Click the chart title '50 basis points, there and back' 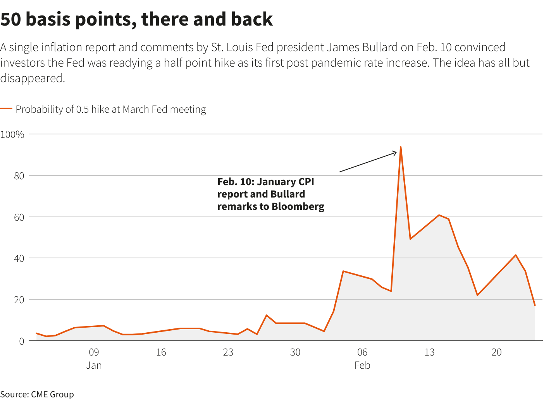click(136, 19)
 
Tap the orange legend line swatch click(6, 109)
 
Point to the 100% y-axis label click(12, 134)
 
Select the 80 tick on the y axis click(19, 176)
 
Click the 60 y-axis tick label click(19, 217)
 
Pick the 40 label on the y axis click(19, 258)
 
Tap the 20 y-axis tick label click(19, 300)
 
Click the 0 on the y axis click(21, 341)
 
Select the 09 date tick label click(94, 352)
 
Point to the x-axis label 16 click(161, 352)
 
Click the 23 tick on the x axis click(228, 352)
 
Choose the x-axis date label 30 click(295, 352)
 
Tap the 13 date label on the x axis click(429, 352)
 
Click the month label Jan click(94, 365)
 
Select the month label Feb click(362, 365)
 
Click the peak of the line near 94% click(400, 147)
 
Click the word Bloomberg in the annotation click(298, 206)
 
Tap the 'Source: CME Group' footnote click(37, 394)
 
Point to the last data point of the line click(535, 306)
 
